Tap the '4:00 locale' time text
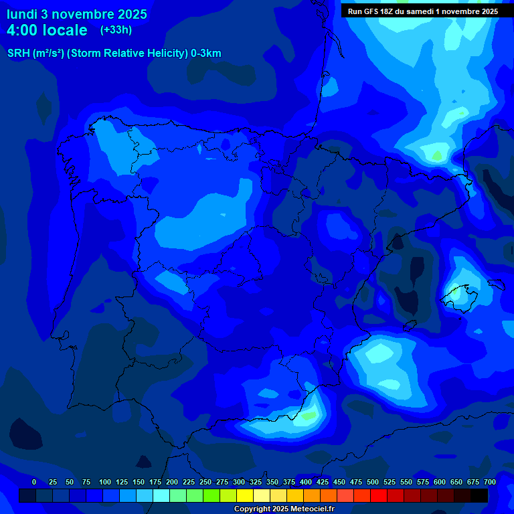47,30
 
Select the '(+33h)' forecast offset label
116,29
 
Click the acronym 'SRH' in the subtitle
18,54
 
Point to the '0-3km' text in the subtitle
205,54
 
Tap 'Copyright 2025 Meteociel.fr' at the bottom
284,509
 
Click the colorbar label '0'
34,482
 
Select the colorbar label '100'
105,482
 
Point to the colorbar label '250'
205,482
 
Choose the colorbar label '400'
306,482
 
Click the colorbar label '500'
373,482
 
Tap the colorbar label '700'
490,482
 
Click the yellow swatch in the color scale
245,495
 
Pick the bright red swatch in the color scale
379,495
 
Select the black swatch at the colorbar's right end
479,495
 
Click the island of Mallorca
460,295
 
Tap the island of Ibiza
410,326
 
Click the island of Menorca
496,283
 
